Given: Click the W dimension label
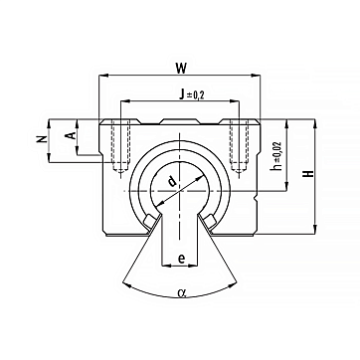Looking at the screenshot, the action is (181, 69).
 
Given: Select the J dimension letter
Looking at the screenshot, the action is (181, 95).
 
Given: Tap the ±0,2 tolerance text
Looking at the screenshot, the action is (196, 95).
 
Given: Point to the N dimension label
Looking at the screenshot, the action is (41, 140).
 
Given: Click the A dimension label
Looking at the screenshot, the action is (70, 135).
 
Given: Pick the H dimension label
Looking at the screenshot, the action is (309, 173).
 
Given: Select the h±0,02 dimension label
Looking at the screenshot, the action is (276, 156).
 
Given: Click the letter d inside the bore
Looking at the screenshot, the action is (171, 181).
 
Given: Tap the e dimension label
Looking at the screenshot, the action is (181, 259).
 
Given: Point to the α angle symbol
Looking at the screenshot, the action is (181, 292).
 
